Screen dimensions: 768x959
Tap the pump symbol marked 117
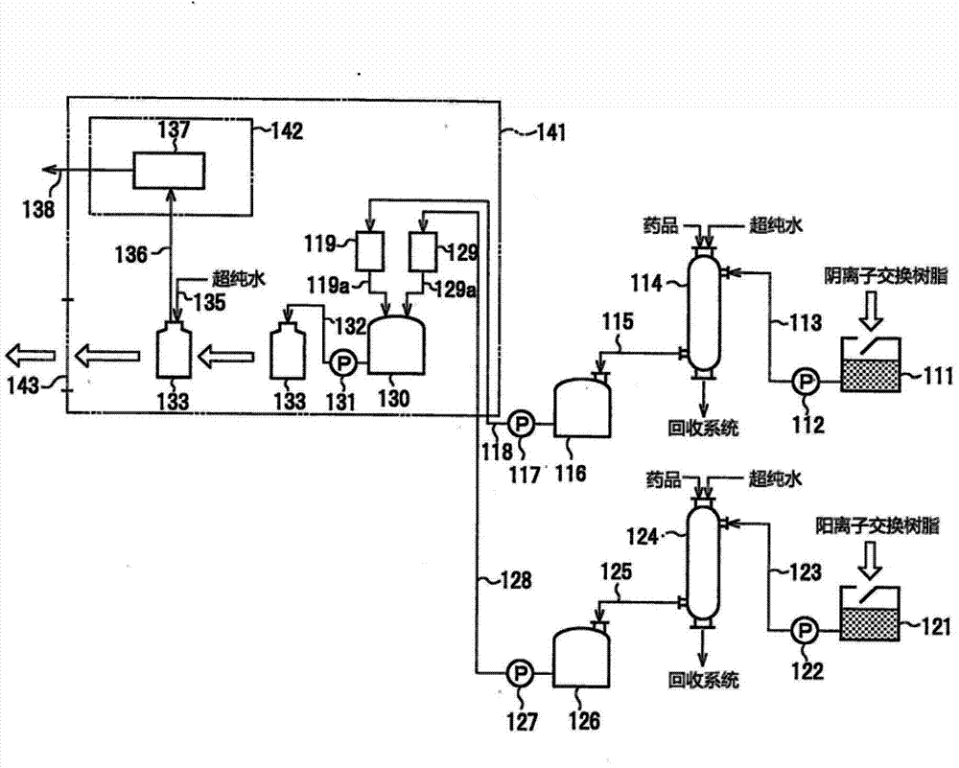[521, 422]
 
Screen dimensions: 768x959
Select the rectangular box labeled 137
[169, 171]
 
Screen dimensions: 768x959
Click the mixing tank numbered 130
[396, 346]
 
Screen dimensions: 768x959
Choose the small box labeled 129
[423, 251]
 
